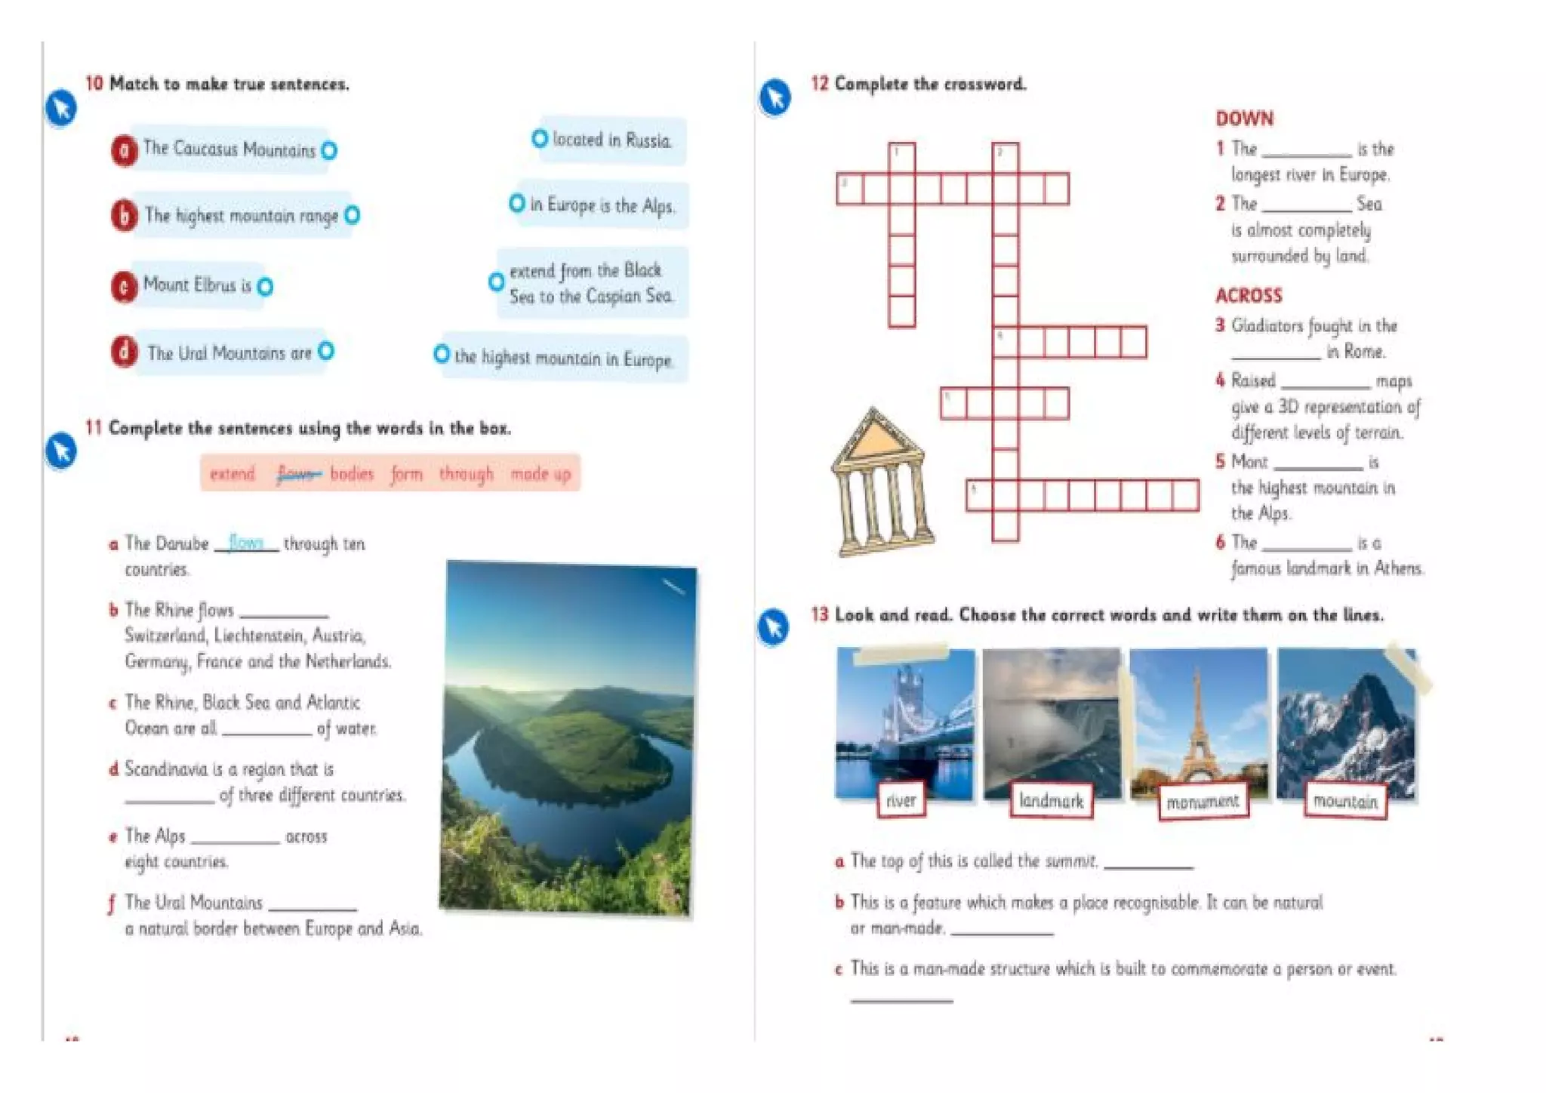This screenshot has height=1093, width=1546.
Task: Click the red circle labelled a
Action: (x=124, y=149)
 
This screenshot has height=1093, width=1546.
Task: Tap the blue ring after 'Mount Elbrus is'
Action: (x=265, y=287)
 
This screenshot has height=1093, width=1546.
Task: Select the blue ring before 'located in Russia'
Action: (x=539, y=138)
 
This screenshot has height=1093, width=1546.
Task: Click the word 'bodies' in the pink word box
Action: (x=352, y=474)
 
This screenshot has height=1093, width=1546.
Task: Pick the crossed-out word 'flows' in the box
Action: (x=297, y=474)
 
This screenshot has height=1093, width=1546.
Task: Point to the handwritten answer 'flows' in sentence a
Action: (x=245, y=542)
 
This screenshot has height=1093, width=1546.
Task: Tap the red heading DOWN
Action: (x=1244, y=119)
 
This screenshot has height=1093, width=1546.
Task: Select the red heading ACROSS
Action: (x=1249, y=295)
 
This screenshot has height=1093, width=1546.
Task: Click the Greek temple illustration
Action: (x=881, y=483)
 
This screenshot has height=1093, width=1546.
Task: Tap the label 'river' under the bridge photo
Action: (x=901, y=800)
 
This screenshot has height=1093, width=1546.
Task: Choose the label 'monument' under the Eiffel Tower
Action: (x=1203, y=802)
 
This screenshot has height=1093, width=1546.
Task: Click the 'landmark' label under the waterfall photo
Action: (x=1051, y=801)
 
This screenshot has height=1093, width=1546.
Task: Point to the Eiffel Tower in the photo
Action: (x=1197, y=725)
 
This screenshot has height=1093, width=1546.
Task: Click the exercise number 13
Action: (x=819, y=614)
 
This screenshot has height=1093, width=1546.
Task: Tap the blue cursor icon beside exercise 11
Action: (x=61, y=451)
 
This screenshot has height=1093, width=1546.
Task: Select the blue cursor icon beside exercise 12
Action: (x=775, y=97)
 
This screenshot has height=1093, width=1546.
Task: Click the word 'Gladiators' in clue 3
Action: (x=1267, y=326)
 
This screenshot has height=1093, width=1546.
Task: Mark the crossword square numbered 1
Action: (x=901, y=157)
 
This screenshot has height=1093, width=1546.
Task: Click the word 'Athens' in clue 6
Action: (x=1398, y=568)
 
